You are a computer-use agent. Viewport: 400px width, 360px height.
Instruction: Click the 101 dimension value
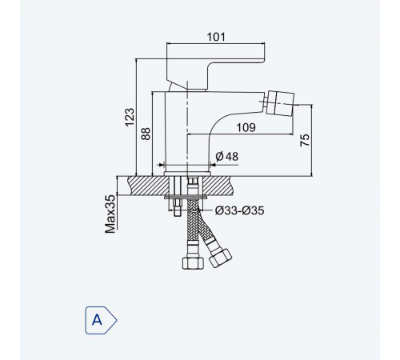[x=216, y=37]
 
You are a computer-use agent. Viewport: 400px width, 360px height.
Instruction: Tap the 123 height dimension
[x=130, y=118]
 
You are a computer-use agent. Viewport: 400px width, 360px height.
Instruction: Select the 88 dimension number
[x=146, y=134]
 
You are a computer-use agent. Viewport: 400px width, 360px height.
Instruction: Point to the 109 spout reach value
[x=246, y=127]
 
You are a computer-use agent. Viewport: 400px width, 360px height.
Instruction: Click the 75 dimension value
[x=305, y=140]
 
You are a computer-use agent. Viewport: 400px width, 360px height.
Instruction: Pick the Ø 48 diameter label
[x=227, y=156]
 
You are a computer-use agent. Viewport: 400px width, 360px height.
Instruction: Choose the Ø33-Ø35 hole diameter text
[x=239, y=210]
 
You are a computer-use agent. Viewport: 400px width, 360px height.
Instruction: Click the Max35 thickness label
[x=110, y=214]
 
